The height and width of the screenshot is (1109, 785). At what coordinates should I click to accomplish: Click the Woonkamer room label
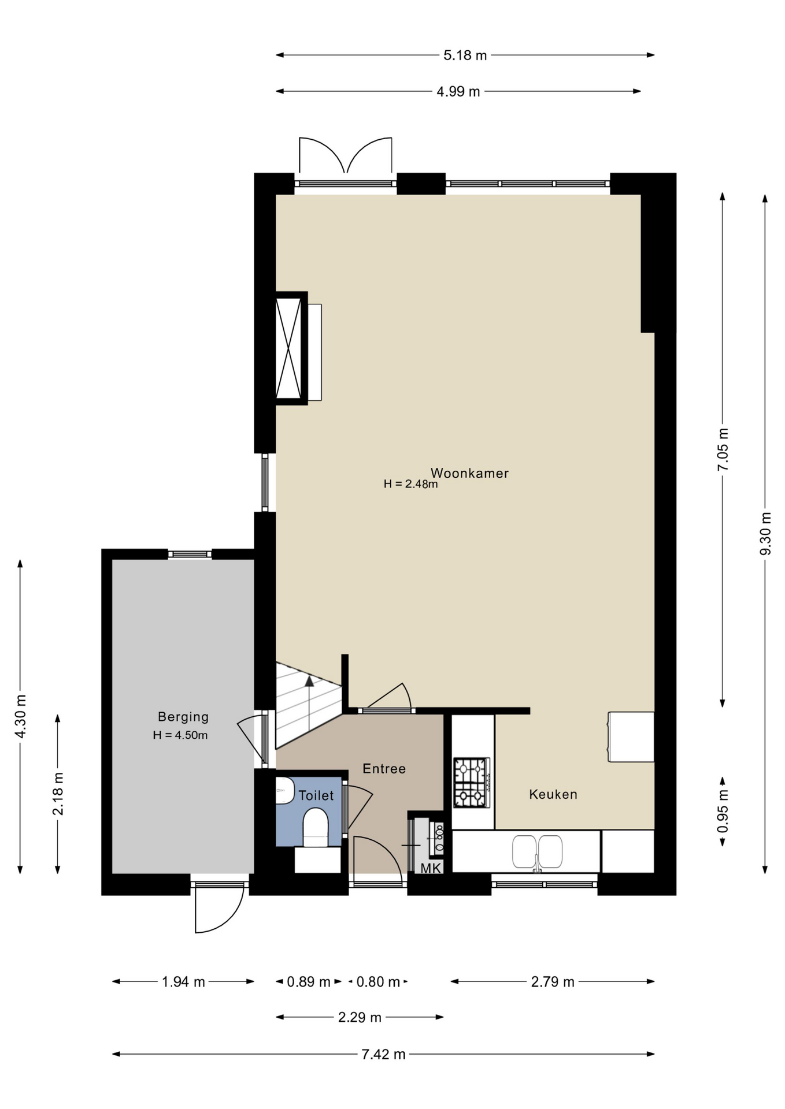pyautogui.click(x=469, y=473)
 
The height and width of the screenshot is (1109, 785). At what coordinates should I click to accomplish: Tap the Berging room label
pyautogui.click(x=183, y=717)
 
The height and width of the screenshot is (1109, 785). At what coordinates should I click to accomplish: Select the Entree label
pyautogui.click(x=384, y=769)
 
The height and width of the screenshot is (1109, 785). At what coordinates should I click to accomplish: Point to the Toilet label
pyautogui.click(x=316, y=795)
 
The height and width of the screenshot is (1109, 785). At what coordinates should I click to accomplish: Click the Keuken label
pyautogui.click(x=553, y=794)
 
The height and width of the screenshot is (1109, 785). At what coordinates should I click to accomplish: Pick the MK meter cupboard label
pyautogui.click(x=431, y=868)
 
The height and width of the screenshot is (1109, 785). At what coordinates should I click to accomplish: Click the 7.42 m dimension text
pyautogui.click(x=383, y=1054)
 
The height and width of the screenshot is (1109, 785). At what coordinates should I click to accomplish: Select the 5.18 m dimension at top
pyautogui.click(x=465, y=55)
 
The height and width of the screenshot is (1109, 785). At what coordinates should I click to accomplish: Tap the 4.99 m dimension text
pyautogui.click(x=458, y=91)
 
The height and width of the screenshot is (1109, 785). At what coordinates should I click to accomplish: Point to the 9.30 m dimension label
pyautogui.click(x=765, y=534)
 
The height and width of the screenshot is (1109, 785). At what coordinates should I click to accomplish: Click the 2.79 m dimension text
pyautogui.click(x=553, y=982)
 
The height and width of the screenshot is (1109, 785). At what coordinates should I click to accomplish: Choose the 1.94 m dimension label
pyautogui.click(x=183, y=982)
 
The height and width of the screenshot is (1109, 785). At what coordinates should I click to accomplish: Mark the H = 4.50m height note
pyautogui.click(x=180, y=735)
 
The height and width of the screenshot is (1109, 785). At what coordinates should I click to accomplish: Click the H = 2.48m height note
pyautogui.click(x=410, y=484)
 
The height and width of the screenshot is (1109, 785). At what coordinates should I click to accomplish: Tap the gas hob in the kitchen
pyautogui.click(x=472, y=783)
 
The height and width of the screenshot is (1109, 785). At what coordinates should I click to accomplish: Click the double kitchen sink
pyautogui.click(x=537, y=852)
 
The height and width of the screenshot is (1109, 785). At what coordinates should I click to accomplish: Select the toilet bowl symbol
pyautogui.click(x=316, y=827)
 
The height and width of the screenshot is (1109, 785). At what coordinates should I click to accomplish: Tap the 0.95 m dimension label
pyautogui.click(x=723, y=812)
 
